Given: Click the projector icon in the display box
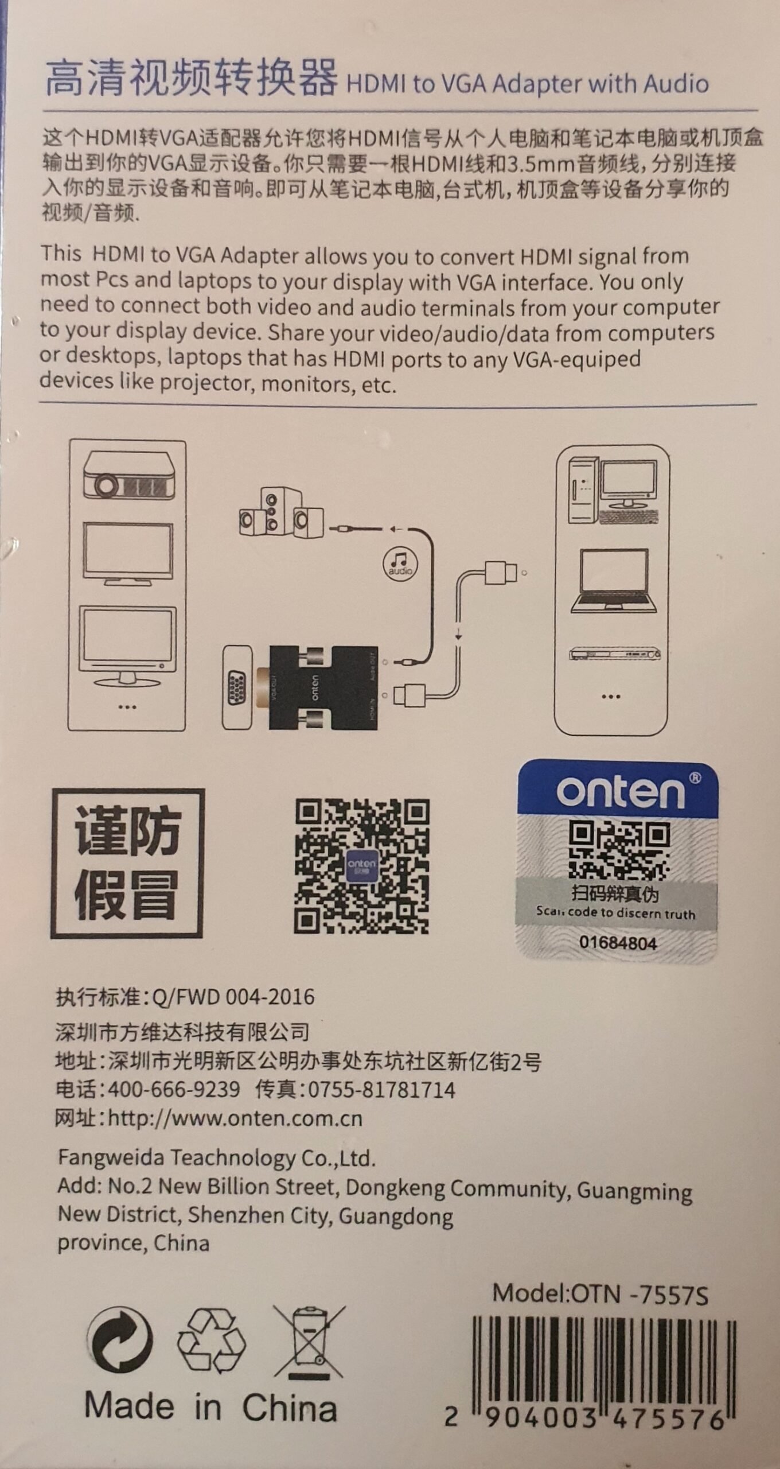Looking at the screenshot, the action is [x=128, y=476].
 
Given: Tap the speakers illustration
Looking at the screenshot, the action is [x=281, y=512].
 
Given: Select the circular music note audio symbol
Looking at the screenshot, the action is [x=400, y=563].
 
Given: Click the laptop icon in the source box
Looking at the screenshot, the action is [x=614, y=581].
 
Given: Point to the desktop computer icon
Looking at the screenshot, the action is [x=613, y=491].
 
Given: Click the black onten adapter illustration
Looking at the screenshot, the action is [x=322, y=687].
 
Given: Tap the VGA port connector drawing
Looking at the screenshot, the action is [x=237, y=687].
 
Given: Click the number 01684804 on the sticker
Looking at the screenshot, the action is [x=618, y=943].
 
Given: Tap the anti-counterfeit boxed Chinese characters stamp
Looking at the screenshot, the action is [x=127, y=864].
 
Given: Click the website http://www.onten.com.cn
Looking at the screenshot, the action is [x=235, y=1118].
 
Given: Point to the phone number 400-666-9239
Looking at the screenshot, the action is [x=174, y=1089].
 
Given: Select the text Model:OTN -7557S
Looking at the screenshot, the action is [x=600, y=1295].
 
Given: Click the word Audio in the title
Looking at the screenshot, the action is [x=676, y=84].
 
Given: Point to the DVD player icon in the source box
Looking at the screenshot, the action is [x=614, y=654].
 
